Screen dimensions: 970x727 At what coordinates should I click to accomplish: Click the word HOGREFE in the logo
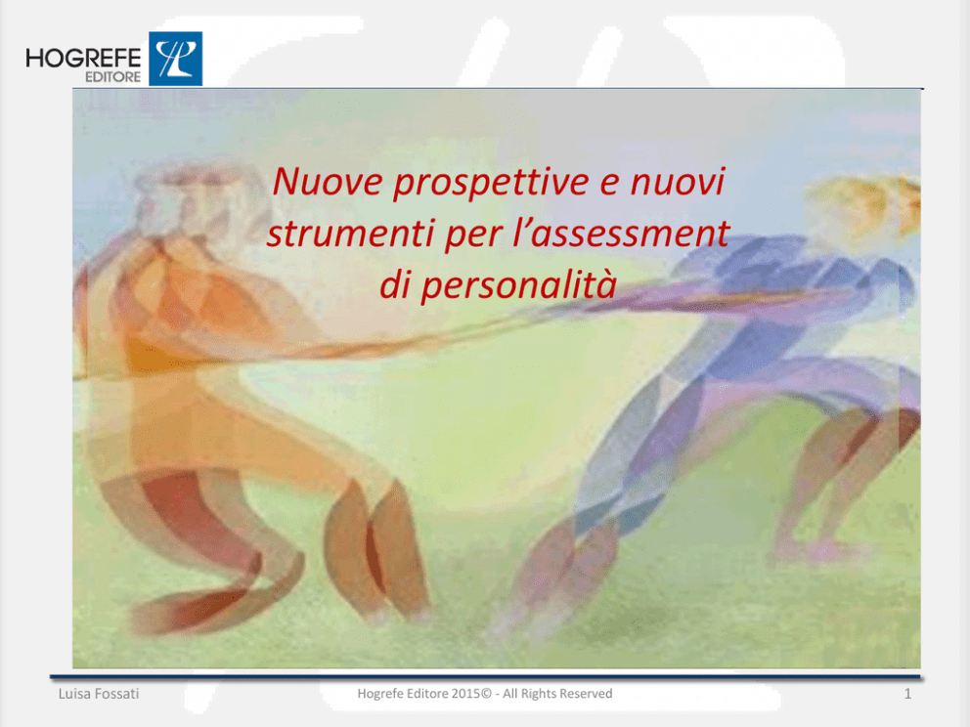tap(83, 58)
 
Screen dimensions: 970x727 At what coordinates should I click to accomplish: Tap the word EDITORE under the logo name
tap(113, 77)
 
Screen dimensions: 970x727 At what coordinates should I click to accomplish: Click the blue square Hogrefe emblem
tap(176, 59)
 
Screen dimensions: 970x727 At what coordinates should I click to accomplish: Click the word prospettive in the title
tap(491, 183)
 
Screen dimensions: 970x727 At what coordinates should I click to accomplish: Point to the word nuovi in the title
tap(678, 182)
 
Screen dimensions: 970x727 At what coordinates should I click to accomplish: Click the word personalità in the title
tap(518, 285)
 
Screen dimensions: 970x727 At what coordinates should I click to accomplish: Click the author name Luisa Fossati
tap(99, 694)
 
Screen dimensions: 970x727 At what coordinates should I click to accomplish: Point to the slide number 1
tap(907, 694)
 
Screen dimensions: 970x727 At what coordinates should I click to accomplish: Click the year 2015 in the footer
tap(465, 694)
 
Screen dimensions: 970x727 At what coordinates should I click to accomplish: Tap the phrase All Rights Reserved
tap(557, 694)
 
